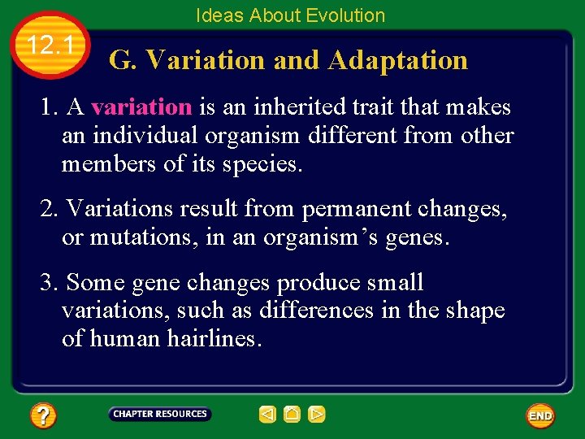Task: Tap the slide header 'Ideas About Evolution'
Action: click(x=290, y=15)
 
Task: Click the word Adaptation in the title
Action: click(x=398, y=60)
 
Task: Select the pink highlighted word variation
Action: click(x=141, y=107)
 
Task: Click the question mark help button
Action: click(x=42, y=416)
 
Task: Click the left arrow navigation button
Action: click(x=267, y=415)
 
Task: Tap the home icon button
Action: click(x=292, y=415)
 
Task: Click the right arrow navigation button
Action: click(x=317, y=415)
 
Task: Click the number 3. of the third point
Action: click(x=50, y=283)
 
